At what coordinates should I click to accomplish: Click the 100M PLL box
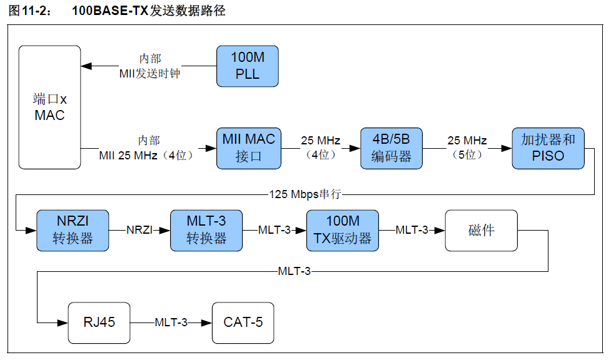(247, 66)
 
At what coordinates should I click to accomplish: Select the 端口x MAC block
(49, 107)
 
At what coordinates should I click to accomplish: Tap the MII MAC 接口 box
(248, 148)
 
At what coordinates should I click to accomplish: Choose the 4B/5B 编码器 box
(391, 148)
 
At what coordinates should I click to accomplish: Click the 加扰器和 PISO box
(548, 148)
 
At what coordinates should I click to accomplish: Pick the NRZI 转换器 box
(73, 230)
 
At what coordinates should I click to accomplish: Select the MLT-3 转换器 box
(206, 230)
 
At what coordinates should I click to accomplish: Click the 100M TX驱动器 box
(342, 230)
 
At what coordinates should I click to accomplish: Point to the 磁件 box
(481, 230)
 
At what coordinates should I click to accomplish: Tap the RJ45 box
(99, 322)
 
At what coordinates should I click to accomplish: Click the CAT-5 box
(243, 322)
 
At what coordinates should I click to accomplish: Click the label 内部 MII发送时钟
(149, 66)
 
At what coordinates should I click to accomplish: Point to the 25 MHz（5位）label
(467, 147)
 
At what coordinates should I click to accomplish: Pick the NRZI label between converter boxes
(139, 230)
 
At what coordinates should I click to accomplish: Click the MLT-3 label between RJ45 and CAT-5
(171, 322)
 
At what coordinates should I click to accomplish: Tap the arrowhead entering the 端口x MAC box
(86, 66)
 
